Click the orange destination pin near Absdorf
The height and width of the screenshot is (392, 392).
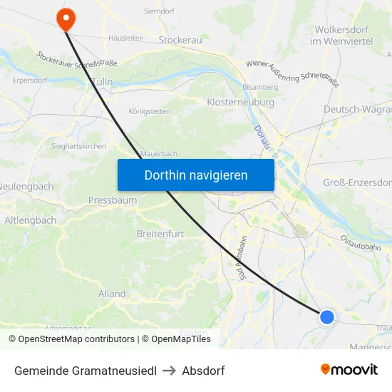pyautogui.click(x=65, y=19)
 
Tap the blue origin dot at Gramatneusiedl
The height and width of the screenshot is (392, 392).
pyautogui.click(x=326, y=316)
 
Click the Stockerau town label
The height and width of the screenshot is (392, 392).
pyautogui.click(x=180, y=40)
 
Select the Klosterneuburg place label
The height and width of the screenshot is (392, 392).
pyautogui.click(x=240, y=103)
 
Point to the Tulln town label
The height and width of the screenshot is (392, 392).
pyautogui.click(x=103, y=82)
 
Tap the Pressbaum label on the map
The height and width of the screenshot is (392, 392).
pyautogui.click(x=113, y=200)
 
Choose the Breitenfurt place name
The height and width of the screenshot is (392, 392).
pyautogui.click(x=163, y=233)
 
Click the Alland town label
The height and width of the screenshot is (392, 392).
pyautogui.click(x=112, y=294)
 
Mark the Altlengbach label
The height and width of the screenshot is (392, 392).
pyautogui.click(x=31, y=220)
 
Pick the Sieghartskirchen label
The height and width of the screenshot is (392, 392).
pyautogui.click(x=78, y=146)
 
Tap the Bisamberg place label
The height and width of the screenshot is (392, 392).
pyautogui.click(x=260, y=87)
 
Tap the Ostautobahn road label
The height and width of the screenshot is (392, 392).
pyautogui.click(x=360, y=242)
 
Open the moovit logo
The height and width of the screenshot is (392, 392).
pyautogui.click(x=349, y=370)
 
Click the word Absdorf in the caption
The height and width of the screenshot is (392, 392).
pyautogui.click(x=203, y=371)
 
